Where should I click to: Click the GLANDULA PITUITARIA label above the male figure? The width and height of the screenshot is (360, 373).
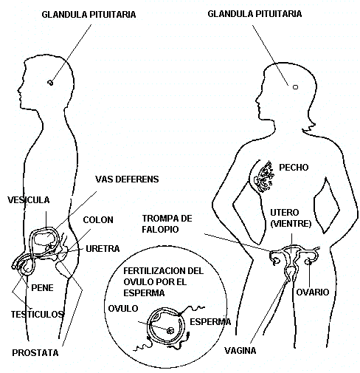89,15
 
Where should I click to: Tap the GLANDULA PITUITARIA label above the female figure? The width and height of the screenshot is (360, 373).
255,14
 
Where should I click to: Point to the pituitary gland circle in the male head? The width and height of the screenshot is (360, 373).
50,83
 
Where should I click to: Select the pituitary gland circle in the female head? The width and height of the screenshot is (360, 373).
295,87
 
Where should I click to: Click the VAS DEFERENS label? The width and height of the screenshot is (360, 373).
127,179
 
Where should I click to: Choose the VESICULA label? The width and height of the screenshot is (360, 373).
29,200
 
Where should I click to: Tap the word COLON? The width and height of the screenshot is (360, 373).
98,220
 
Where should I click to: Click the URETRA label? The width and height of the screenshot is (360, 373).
103,249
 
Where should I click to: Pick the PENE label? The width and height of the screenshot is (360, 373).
42,288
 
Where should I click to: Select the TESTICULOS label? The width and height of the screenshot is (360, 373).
38,314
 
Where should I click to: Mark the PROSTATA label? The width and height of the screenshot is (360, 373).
35,353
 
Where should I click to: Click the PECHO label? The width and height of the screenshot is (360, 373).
294,168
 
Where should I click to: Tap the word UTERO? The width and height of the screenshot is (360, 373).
285,212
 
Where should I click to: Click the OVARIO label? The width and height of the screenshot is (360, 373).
313,292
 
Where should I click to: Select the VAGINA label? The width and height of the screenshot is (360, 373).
240,350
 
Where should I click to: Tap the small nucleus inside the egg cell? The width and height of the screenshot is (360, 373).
170,331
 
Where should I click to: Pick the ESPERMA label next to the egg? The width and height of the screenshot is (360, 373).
210,322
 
